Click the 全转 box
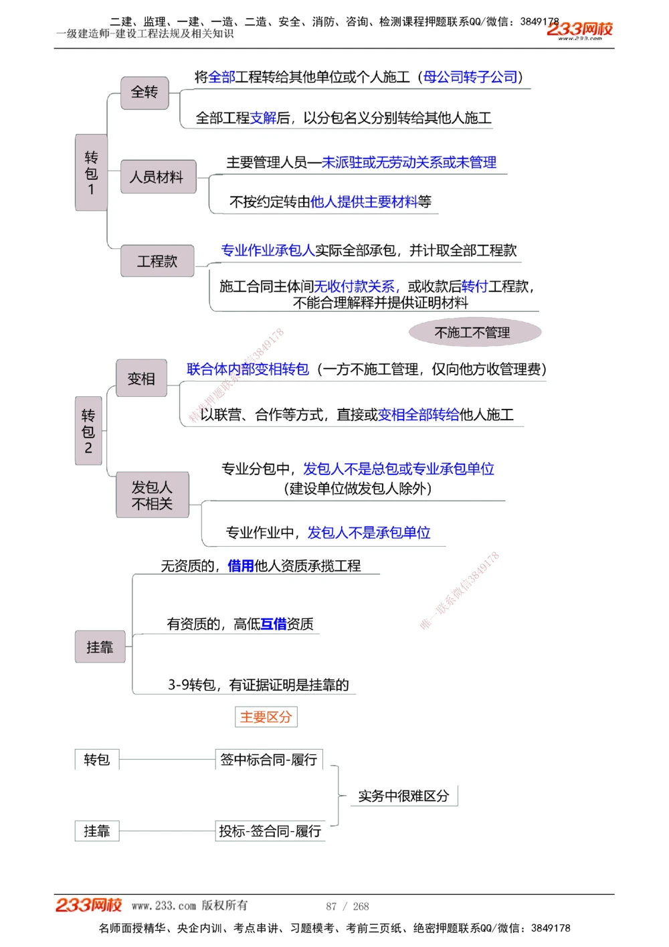coord(145,92)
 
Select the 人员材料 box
coord(158,177)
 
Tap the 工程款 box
coord(157,261)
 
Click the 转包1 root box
coord(91,173)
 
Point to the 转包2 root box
coord(88,430)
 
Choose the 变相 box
coord(141,379)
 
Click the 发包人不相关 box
coord(152,495)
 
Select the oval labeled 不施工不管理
coord(474,333)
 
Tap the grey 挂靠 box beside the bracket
coord(100,647)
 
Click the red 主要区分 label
coord(266,717)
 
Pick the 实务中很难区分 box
coord(403,796)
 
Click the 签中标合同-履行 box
coord(269,760)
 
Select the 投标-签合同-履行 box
coord(270,831)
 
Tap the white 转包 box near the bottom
coord(97,760)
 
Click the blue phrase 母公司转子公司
coord(471,78)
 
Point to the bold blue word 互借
coord(273,624)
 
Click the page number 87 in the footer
coord(331,906)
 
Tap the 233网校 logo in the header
coord(579,29)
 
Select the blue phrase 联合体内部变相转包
coord(248,369)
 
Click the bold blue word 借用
coord(241,566)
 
